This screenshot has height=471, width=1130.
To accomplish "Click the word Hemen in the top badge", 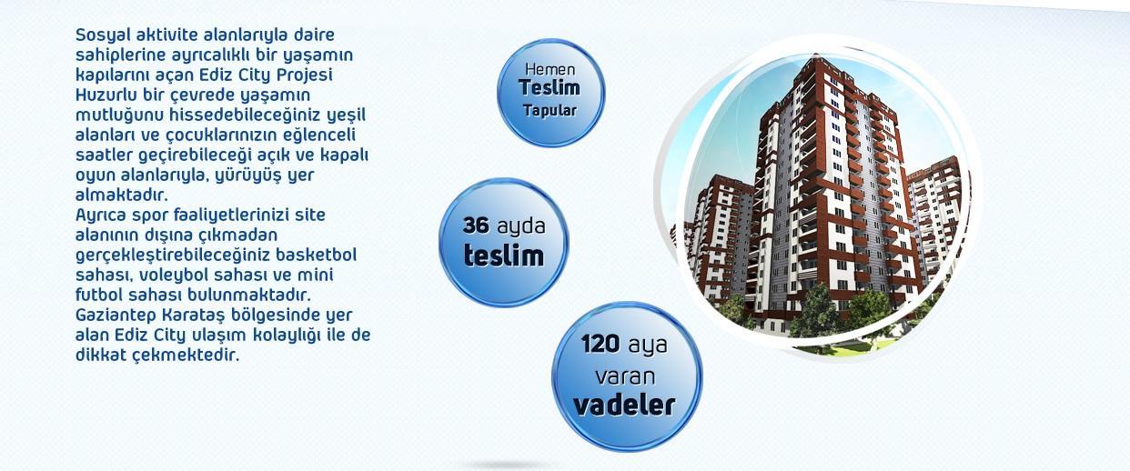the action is (x=550, y=69).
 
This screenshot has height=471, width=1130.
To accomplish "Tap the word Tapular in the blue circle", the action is (x=550, y=110).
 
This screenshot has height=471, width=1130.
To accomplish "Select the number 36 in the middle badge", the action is (x=476, y=225).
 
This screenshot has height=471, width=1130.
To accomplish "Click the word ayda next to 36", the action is (x=521, y=226).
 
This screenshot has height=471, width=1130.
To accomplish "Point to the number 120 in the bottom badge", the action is (x=600, y=344).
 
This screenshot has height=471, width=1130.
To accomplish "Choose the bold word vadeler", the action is (x=624, y=406).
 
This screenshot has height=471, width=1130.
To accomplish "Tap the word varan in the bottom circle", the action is (x=625, y=376).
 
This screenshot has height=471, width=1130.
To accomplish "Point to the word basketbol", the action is (x=317, y=255).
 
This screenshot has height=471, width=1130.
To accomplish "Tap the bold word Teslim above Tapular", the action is (x=550, y=88).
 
